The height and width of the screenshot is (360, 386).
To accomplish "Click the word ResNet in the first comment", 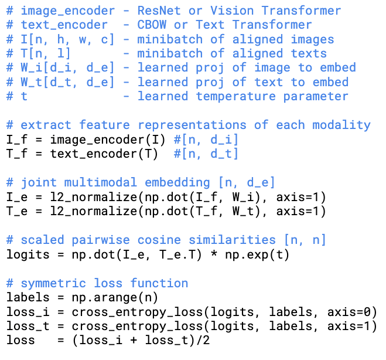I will [159, 11].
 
